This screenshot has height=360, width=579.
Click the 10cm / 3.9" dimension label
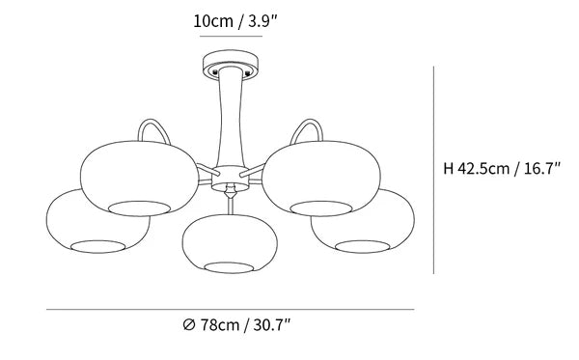click(234, 21)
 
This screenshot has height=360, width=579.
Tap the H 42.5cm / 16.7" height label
click(502, 168)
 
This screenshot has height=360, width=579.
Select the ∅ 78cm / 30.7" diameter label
click(236, 325)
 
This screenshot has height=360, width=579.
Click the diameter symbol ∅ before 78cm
click(189, 325)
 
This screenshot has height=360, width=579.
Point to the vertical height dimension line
click(433, 170)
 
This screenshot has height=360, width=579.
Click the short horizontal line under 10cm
click(232, 36)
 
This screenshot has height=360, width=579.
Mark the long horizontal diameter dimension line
click(230, 310)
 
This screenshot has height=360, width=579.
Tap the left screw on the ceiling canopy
click(214, 72)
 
